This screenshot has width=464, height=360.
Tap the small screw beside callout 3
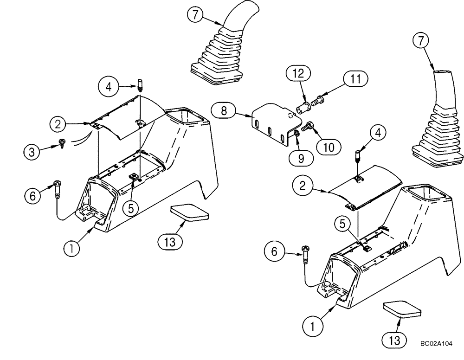(61, 143)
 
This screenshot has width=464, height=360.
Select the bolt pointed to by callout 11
(319, 99)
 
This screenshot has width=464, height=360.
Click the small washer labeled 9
(296, 135)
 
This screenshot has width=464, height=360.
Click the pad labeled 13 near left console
(189, 212)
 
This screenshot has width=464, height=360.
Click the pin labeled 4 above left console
(140, 85)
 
